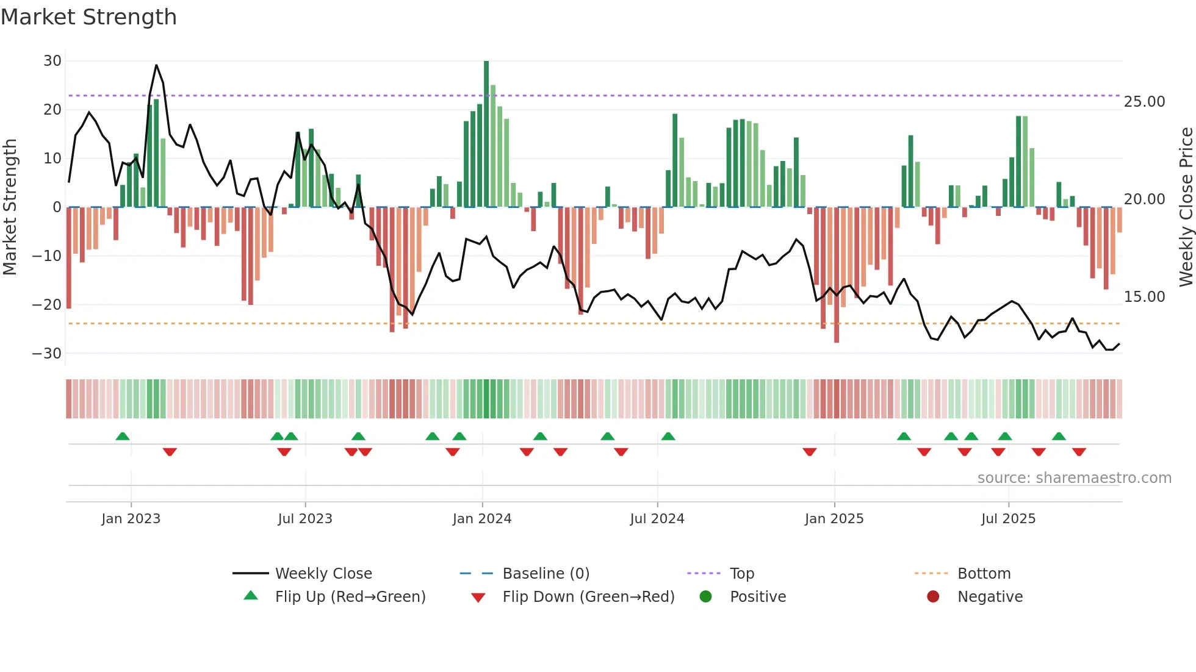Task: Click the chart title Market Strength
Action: [88, 17]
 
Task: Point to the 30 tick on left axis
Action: [52, 61]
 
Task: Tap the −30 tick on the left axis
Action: [47, 354]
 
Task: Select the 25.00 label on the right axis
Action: [1144, 102]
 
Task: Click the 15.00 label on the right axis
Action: [1144, 297]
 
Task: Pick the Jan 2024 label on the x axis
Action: [481, 519]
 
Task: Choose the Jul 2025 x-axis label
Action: [1008, 519]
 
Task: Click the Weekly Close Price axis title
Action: [1186, 207]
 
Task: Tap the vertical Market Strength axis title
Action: [10, 207]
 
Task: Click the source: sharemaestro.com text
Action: [1074, 478]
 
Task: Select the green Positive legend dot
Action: [706, 597]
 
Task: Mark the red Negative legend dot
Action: [933, 597]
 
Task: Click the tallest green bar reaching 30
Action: [486, 134]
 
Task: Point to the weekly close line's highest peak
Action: [156, 65]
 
